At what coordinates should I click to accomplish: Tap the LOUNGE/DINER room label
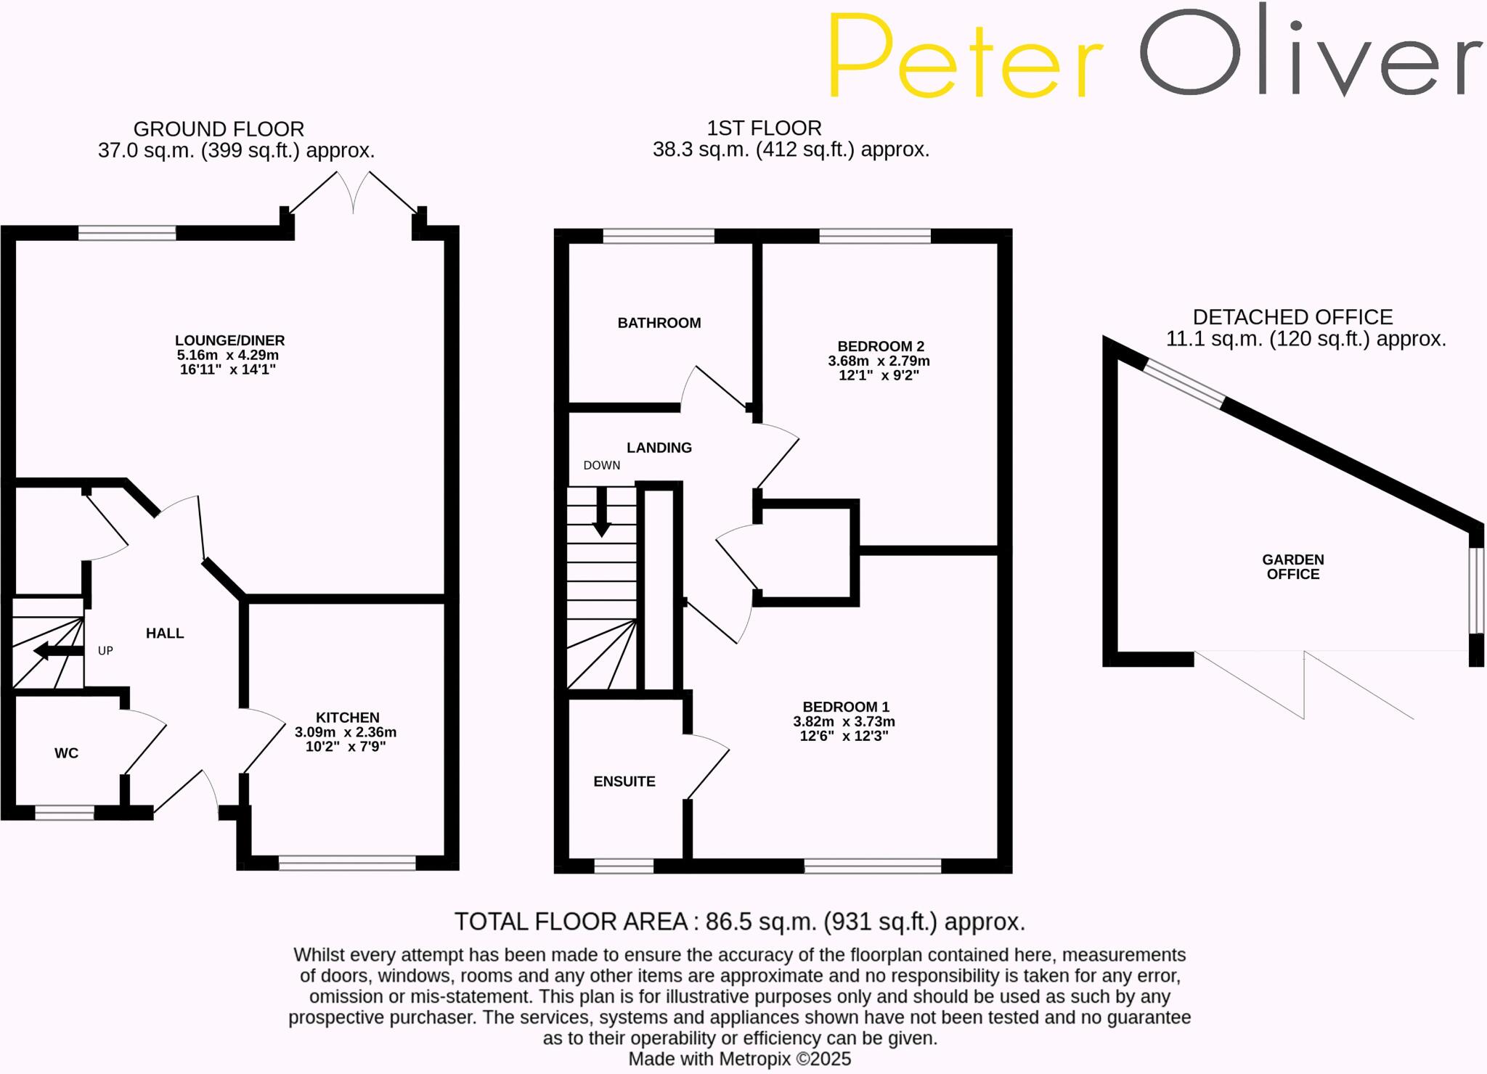[x=229, y=340]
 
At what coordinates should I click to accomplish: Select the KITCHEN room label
[x=347, y=718]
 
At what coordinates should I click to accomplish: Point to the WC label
[x=66, y=753]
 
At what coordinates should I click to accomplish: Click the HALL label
[x=165, y=634]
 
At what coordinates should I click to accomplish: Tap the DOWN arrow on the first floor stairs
[x=601, y=512]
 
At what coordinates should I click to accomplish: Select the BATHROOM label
[x=659, y=323]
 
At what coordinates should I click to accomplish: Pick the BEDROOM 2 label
[x=880, y=346]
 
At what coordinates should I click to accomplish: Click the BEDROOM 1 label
[x=845, y=707]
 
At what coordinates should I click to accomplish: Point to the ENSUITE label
[x=624, y=782]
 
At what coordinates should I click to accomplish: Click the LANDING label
[x=659, y=448]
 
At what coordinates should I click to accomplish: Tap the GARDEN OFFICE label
[x=1292, y=567]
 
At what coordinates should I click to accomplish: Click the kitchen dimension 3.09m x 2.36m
[x=346, y=732]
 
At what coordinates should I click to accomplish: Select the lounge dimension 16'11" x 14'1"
[x=228, y=369]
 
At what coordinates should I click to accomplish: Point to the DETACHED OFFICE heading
[x=1292, y=317]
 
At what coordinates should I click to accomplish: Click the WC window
[x=65, y=813]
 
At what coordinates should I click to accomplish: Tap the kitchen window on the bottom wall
[x=347, y=863]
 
